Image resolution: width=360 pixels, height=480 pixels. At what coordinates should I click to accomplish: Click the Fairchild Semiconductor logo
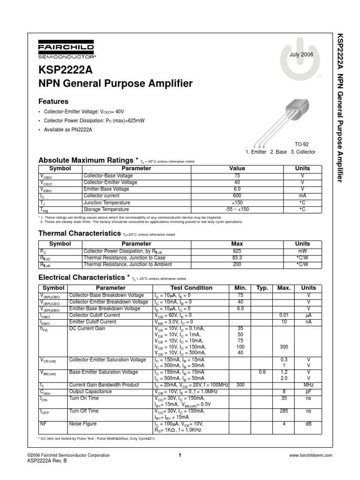(66, 51)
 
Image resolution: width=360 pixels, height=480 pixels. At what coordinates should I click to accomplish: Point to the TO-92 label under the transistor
(301, 144)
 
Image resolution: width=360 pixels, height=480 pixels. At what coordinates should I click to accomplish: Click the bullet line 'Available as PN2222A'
(68, 129)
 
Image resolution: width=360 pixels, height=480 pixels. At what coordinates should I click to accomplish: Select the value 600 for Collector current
(237, 195)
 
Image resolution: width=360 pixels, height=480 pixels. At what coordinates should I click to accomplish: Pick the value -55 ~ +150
(237, 209)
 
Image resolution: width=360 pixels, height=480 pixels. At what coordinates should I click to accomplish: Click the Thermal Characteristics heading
(79, 233)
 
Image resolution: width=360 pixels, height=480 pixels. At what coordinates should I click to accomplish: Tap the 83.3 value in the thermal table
(237, 258)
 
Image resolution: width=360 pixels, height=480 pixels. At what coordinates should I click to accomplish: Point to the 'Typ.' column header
(262, 288)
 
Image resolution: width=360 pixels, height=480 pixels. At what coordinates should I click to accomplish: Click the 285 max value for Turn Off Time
(283, 411)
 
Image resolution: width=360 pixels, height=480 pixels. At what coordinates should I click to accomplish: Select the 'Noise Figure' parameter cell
(83, 424)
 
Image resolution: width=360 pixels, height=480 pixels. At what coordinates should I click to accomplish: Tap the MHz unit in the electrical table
(308, 385)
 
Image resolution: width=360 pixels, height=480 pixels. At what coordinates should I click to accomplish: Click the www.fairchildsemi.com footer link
(311, 455)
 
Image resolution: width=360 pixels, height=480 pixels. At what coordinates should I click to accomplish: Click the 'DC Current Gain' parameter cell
(88, 329)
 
